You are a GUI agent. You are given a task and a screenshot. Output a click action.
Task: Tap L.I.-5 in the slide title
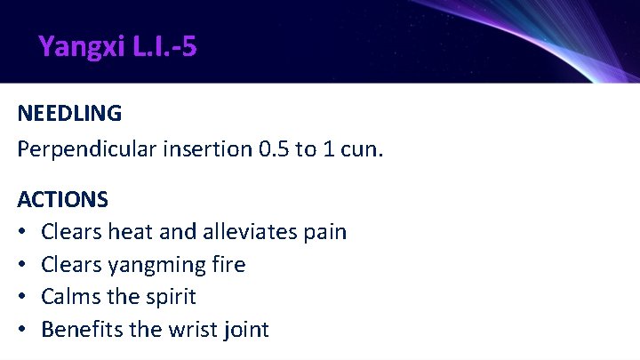[x=164, y=46]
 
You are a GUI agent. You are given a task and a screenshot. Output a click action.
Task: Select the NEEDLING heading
[x=69, y=114]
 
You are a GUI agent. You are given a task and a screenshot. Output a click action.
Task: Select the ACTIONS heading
[x=62, y=198]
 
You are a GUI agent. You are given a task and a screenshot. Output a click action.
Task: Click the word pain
[x=324, y=233]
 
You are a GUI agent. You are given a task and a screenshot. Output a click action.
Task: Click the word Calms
[x=71, y=297]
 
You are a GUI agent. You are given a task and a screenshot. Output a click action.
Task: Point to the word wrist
[x=186, y=330]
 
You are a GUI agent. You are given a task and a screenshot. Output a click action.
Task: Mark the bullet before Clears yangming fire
[x=22, y=265]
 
